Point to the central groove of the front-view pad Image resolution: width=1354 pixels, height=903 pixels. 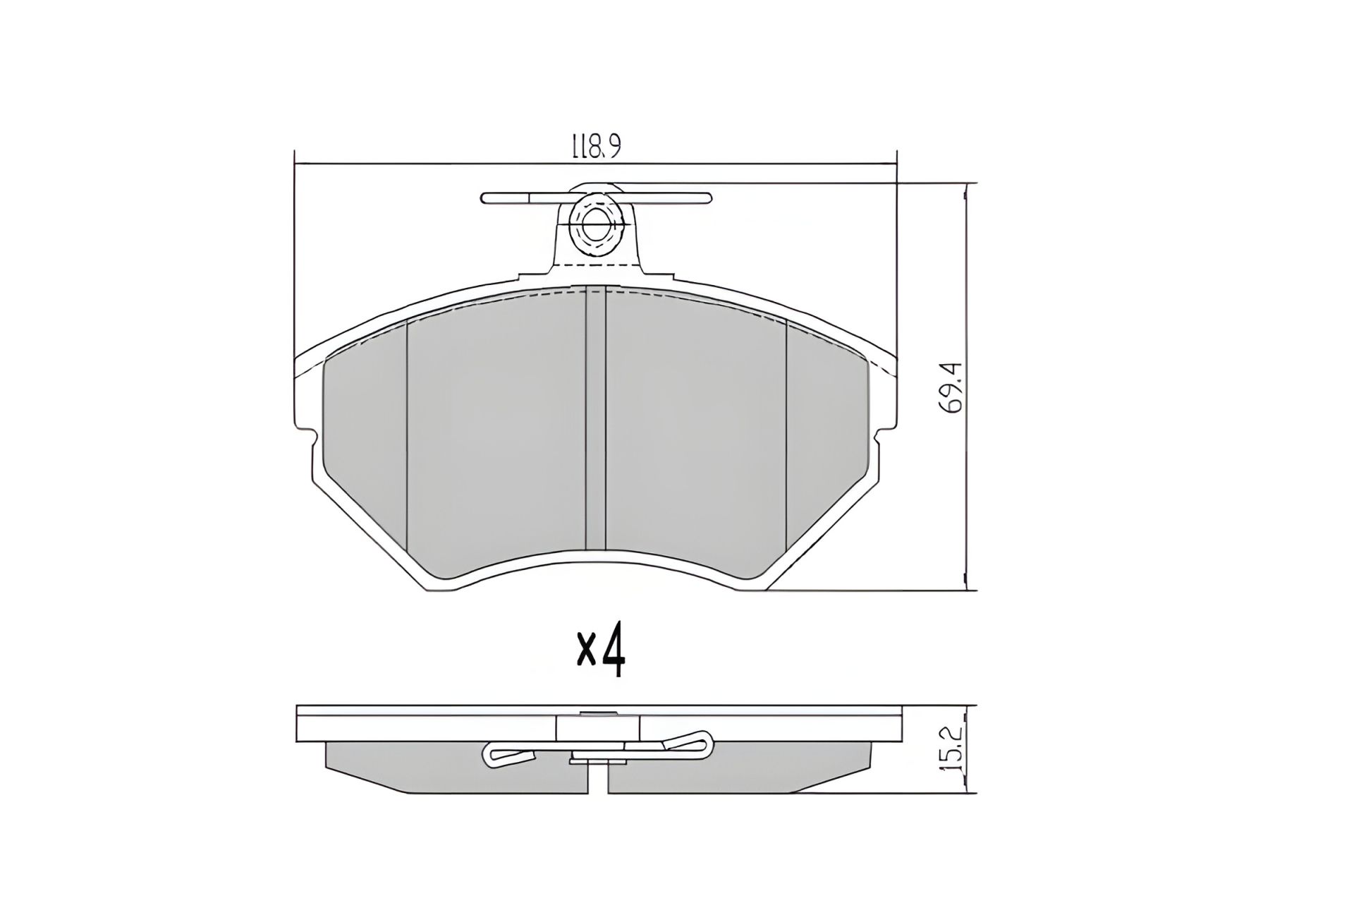596,423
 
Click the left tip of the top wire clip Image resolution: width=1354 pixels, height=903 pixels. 486,198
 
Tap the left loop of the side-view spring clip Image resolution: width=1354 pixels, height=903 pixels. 505,756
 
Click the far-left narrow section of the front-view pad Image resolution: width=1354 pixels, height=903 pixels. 364,451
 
